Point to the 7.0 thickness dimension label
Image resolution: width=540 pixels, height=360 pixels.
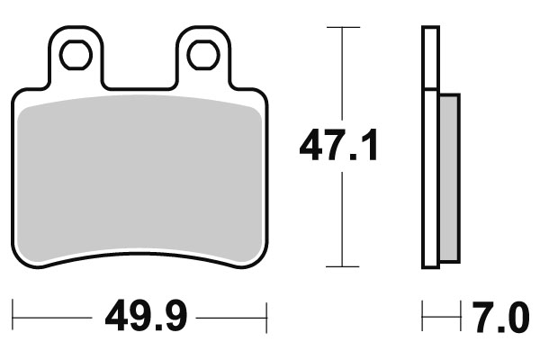point(498,317)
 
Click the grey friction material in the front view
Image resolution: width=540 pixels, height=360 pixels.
point(141,180)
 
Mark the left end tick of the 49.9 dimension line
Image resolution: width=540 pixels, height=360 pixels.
point(15,317)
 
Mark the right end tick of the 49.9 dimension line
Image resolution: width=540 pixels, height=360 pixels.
point(267,317)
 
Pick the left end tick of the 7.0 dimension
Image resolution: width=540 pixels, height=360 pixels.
point(424,317)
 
